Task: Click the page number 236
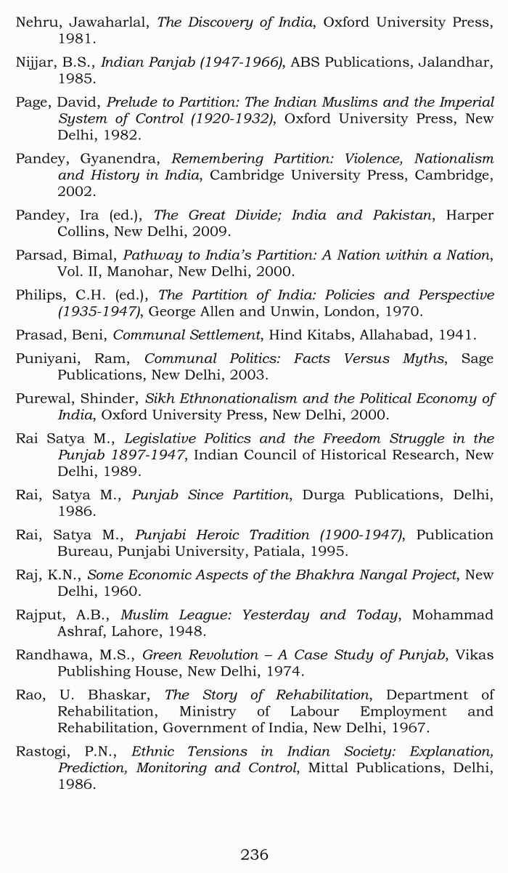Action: coord(254,854)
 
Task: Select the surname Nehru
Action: coord(38,22)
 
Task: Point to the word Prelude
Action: coord(131,102)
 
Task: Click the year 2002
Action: coord(75,192)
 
